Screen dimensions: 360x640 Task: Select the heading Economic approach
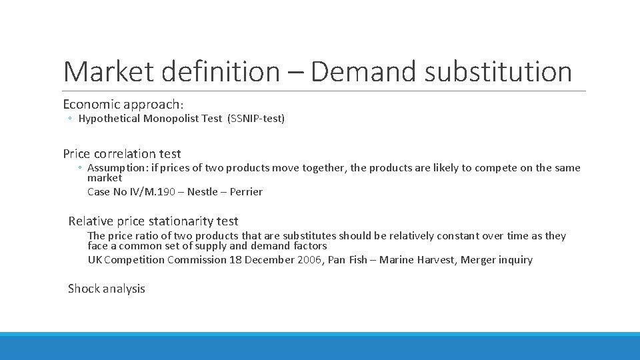123,104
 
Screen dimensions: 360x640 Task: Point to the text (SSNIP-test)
256,119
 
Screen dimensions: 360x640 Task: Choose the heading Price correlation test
122,153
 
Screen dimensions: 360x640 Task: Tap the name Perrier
246,192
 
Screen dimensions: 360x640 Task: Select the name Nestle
202,192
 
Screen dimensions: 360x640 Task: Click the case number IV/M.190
159,192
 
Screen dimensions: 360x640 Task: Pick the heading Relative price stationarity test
153,221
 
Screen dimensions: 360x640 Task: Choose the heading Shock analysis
106,289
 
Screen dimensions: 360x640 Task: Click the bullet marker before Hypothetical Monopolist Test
70,119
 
